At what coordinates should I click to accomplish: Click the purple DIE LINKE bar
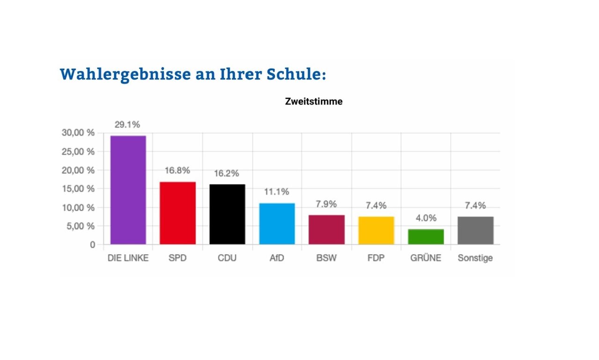(x=128, y=190)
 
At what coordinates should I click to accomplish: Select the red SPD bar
(x=178, y=213)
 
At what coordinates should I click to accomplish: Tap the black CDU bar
(x=227, y=214)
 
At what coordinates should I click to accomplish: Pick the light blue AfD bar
(x=277, y=223)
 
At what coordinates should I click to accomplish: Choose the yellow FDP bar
(x=376, y=230)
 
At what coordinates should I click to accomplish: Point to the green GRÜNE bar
(x=426, y=236)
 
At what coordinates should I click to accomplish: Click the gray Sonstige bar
(x=475, y=230)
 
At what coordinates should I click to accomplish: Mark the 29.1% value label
(x=128, y=125)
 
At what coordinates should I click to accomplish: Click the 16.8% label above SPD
(x=178, y=170)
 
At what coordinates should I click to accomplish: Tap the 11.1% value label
(x=277, y=191)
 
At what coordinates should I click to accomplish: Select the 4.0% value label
(x=426, y=218)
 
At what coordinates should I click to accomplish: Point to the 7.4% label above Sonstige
(x=475, y=205)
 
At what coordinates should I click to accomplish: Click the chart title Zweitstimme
(x=314, y=101)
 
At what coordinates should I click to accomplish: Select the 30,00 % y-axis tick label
(x=78, y=132)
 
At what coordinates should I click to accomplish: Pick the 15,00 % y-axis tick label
(x=78, y=189)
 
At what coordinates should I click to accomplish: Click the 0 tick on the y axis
(x=93, y=244)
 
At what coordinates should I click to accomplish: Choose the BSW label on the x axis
(x=327, y=258)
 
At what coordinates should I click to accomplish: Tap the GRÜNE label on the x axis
(x=426, y=258)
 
